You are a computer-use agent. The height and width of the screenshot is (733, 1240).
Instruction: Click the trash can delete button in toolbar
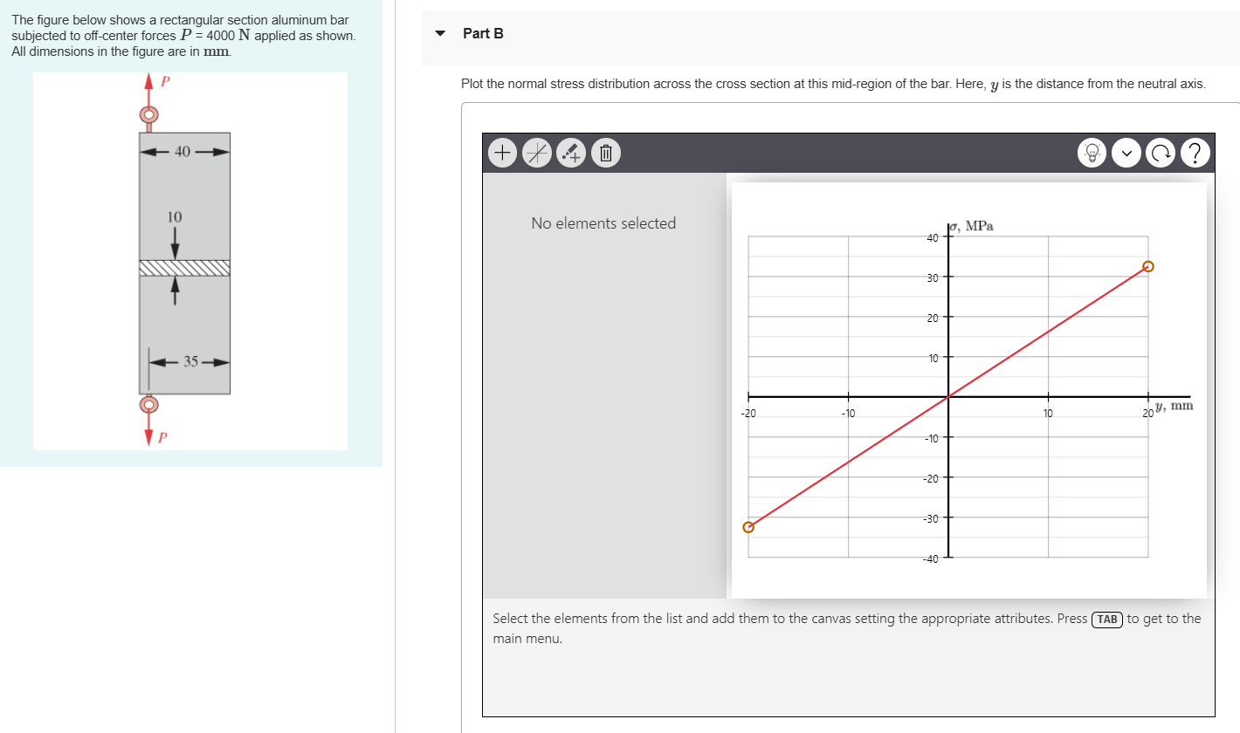tap(605, 154)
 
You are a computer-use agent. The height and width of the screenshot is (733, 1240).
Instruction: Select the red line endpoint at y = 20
tap(1148, 266)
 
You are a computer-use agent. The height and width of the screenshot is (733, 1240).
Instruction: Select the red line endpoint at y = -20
tap(747, 527)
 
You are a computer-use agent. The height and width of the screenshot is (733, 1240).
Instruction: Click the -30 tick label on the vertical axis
tap(932, 518)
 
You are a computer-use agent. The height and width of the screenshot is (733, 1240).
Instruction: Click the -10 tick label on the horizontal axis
tap(847, 414)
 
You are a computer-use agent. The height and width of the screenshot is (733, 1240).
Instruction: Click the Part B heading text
tap(483, 33)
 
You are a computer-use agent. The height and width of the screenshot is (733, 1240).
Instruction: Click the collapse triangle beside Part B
tap(442, 33)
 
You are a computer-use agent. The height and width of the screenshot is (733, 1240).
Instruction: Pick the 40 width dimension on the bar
tap(183, 152)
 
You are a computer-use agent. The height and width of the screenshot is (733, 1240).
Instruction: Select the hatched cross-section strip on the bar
tap(184, 267)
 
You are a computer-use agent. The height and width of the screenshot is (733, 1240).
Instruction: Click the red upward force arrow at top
tap(148, 87)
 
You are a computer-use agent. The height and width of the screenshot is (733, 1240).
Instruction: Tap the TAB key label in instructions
tap(1107, 619)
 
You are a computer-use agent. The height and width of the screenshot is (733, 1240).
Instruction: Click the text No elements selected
tap(603, 223)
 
